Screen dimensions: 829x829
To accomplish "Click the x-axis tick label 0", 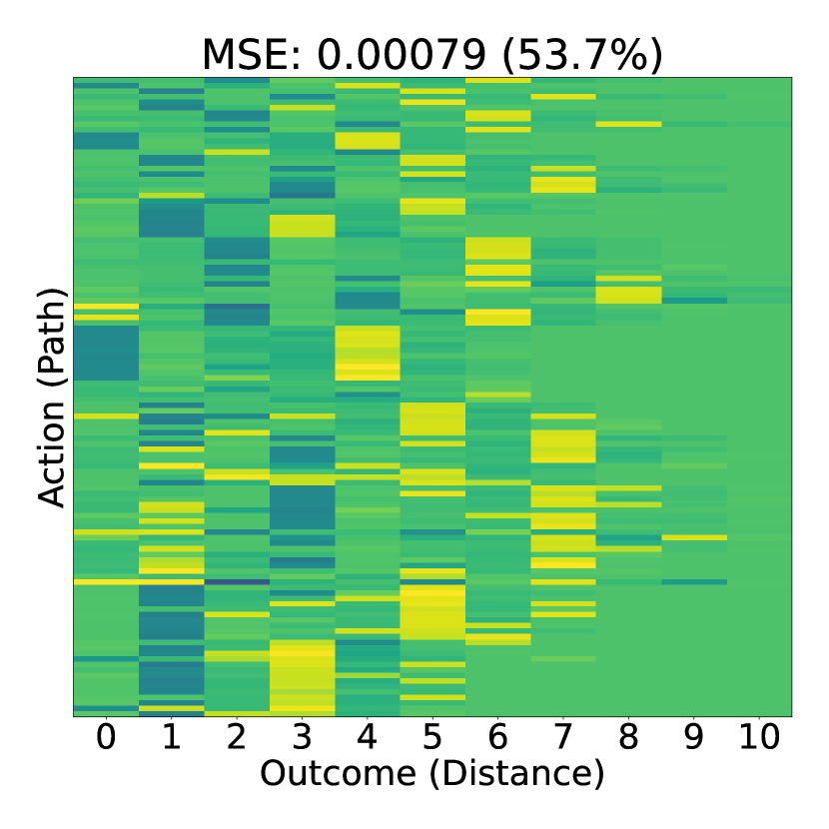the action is click(106, 737).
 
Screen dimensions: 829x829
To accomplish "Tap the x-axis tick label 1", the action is click(172, 737).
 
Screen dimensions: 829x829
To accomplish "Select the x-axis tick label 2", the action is click(237, 737).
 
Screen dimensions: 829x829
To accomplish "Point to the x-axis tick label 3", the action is click(302, 737).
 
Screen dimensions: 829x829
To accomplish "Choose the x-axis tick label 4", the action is click(367, 737).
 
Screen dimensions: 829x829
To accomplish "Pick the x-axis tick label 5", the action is click(432, 737).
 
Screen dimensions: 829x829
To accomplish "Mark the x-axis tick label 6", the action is click(498, 737).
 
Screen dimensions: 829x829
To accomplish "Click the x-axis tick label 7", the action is click(563, 737).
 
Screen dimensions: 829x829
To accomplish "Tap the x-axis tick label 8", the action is click(628, 737).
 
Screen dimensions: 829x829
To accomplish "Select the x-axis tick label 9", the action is click(693, 737).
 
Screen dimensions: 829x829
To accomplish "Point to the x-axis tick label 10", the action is click(759, 737).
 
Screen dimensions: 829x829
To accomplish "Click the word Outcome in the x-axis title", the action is click(339, 773).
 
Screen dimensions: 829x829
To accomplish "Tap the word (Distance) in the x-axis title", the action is click(517, 774).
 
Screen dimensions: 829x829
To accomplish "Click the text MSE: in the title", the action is click(252, 55).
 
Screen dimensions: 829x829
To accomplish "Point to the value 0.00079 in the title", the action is click(402, 55).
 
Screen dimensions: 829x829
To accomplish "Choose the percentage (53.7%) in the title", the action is click(582, 56).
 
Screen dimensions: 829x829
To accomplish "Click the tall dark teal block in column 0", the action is click(106, 353).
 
